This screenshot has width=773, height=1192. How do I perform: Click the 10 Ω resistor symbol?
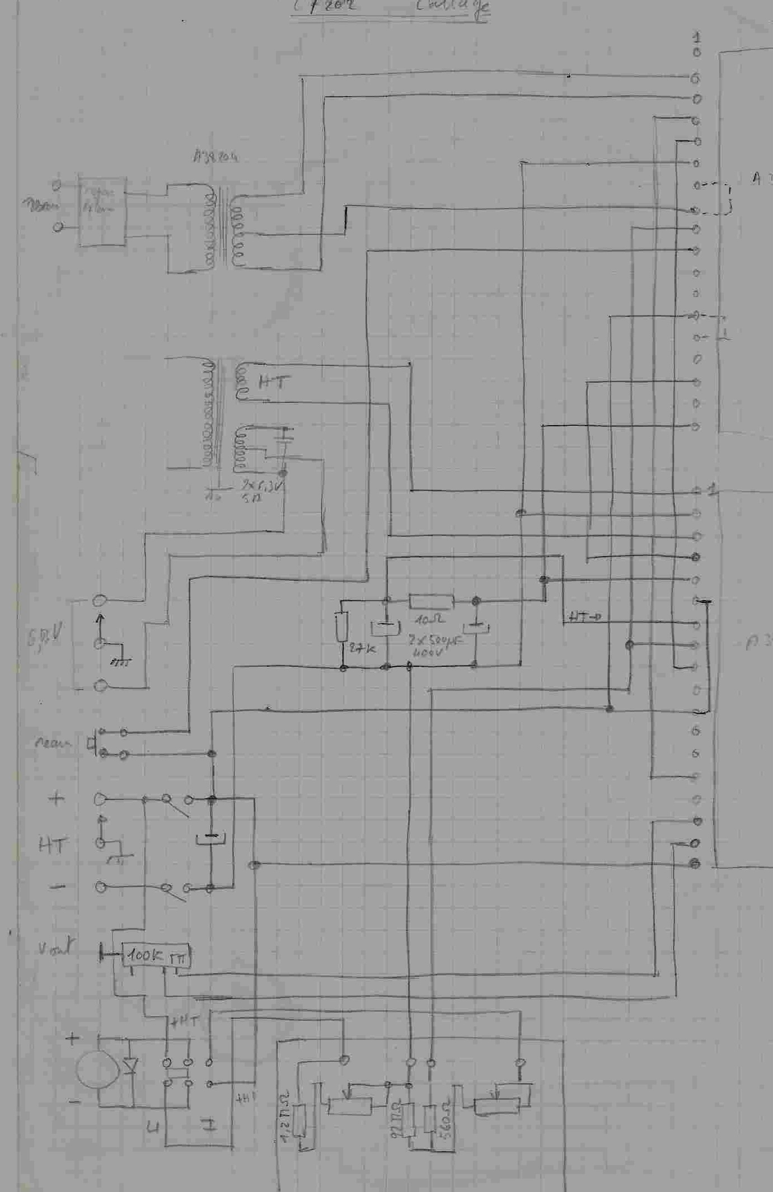[x=431, y=602]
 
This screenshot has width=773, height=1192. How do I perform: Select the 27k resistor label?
[x=362, y=649]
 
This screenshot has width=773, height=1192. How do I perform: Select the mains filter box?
[x=102, y=211]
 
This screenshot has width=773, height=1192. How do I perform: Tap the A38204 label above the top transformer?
[x=215, y=157]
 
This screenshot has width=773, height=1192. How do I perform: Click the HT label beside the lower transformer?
[x=274, y=383]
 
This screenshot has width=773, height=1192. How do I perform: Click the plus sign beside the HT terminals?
[x=57, y=799]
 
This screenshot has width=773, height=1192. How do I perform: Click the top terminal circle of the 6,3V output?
[x=100, y=601]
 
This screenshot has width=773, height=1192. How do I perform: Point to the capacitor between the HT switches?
[x=210, y=839]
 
